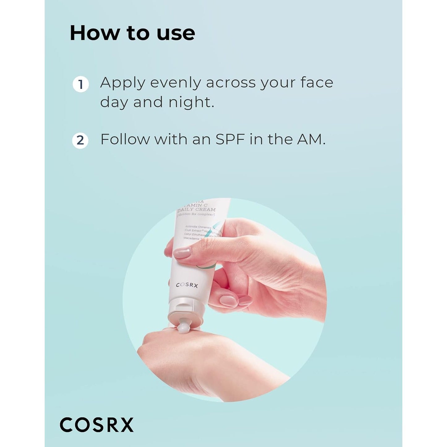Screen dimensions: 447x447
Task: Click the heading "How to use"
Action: pyautogui.click(x=132, y=33)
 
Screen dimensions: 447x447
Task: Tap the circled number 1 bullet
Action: pyautogui.click(x=80, y=84)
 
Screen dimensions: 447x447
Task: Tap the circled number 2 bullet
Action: pyautogui.click(x=80, y=140)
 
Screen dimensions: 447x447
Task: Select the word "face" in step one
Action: pyautogui.click(x=316, y=83)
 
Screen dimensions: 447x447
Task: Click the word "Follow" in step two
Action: pyautogui.click(x=125, y=139)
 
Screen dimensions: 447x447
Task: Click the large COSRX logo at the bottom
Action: pyautogui.click(x=97, y=425)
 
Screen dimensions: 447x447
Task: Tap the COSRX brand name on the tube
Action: pyautogui.click(x=187, y=285)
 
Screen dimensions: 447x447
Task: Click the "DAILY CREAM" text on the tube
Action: pyautogui.click(x=197, y=209)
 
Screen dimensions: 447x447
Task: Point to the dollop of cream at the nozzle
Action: pyautogui.click(x=185, y=327)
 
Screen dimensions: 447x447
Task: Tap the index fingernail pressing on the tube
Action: pyautogui.click(x=182, y=253)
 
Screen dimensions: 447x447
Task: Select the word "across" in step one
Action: pyautogui.click(x=231, y=83)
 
